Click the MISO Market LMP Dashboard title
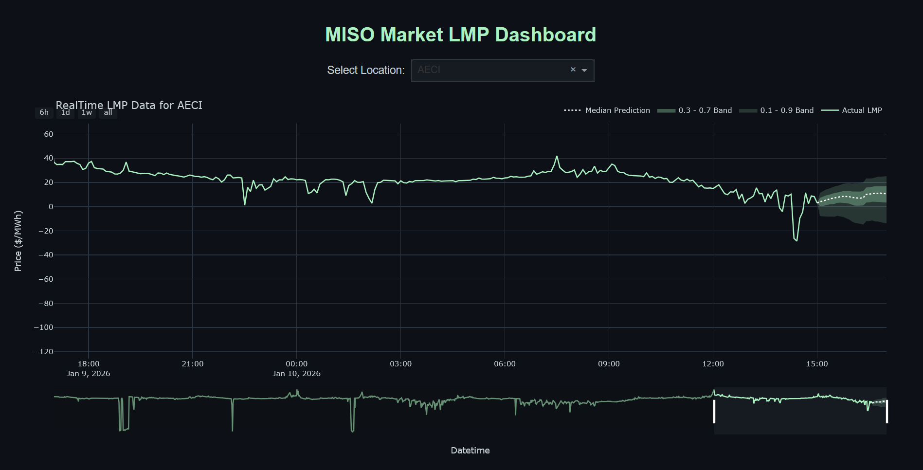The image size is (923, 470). coord(460,35)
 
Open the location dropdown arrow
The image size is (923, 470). coord(584,71)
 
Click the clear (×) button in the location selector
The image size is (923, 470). coord(573,70)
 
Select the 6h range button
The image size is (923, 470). coord(44,112)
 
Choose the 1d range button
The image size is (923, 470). coord(65,112)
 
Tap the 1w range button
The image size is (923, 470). coord(87,112)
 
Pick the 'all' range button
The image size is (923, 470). coord(108,112)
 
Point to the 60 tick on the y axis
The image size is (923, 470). coord(49,134)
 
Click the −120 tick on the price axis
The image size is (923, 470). coord(44,352)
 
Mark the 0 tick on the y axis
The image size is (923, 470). coord(51,207)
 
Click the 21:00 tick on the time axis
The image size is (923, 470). coord(193,364)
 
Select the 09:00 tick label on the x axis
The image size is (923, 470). coord(609,364)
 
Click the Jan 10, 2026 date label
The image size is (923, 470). coord(296,374)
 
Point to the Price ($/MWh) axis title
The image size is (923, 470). coord(18,241)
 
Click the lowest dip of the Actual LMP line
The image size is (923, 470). coord(796,240)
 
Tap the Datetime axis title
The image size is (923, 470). coord(470,451)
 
